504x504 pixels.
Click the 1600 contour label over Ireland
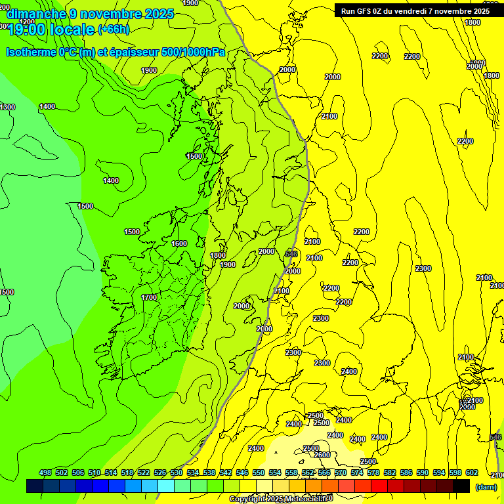point(179,243)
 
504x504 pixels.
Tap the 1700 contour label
point(149,297)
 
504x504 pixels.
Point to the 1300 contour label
point(7,107)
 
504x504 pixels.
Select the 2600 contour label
point(322,455)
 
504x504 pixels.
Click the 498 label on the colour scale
point(45,473)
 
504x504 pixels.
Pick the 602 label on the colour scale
point(472,473)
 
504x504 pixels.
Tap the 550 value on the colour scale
point(259,473)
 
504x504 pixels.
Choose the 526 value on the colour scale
point(160,473)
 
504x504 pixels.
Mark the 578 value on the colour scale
point(373,473)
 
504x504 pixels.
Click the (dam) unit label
point(486,487)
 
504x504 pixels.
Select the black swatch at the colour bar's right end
point(461,486)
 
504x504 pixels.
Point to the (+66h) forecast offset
point(114,30)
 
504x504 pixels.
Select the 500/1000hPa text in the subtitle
point(193,52)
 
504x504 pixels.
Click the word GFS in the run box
point(363,10)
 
